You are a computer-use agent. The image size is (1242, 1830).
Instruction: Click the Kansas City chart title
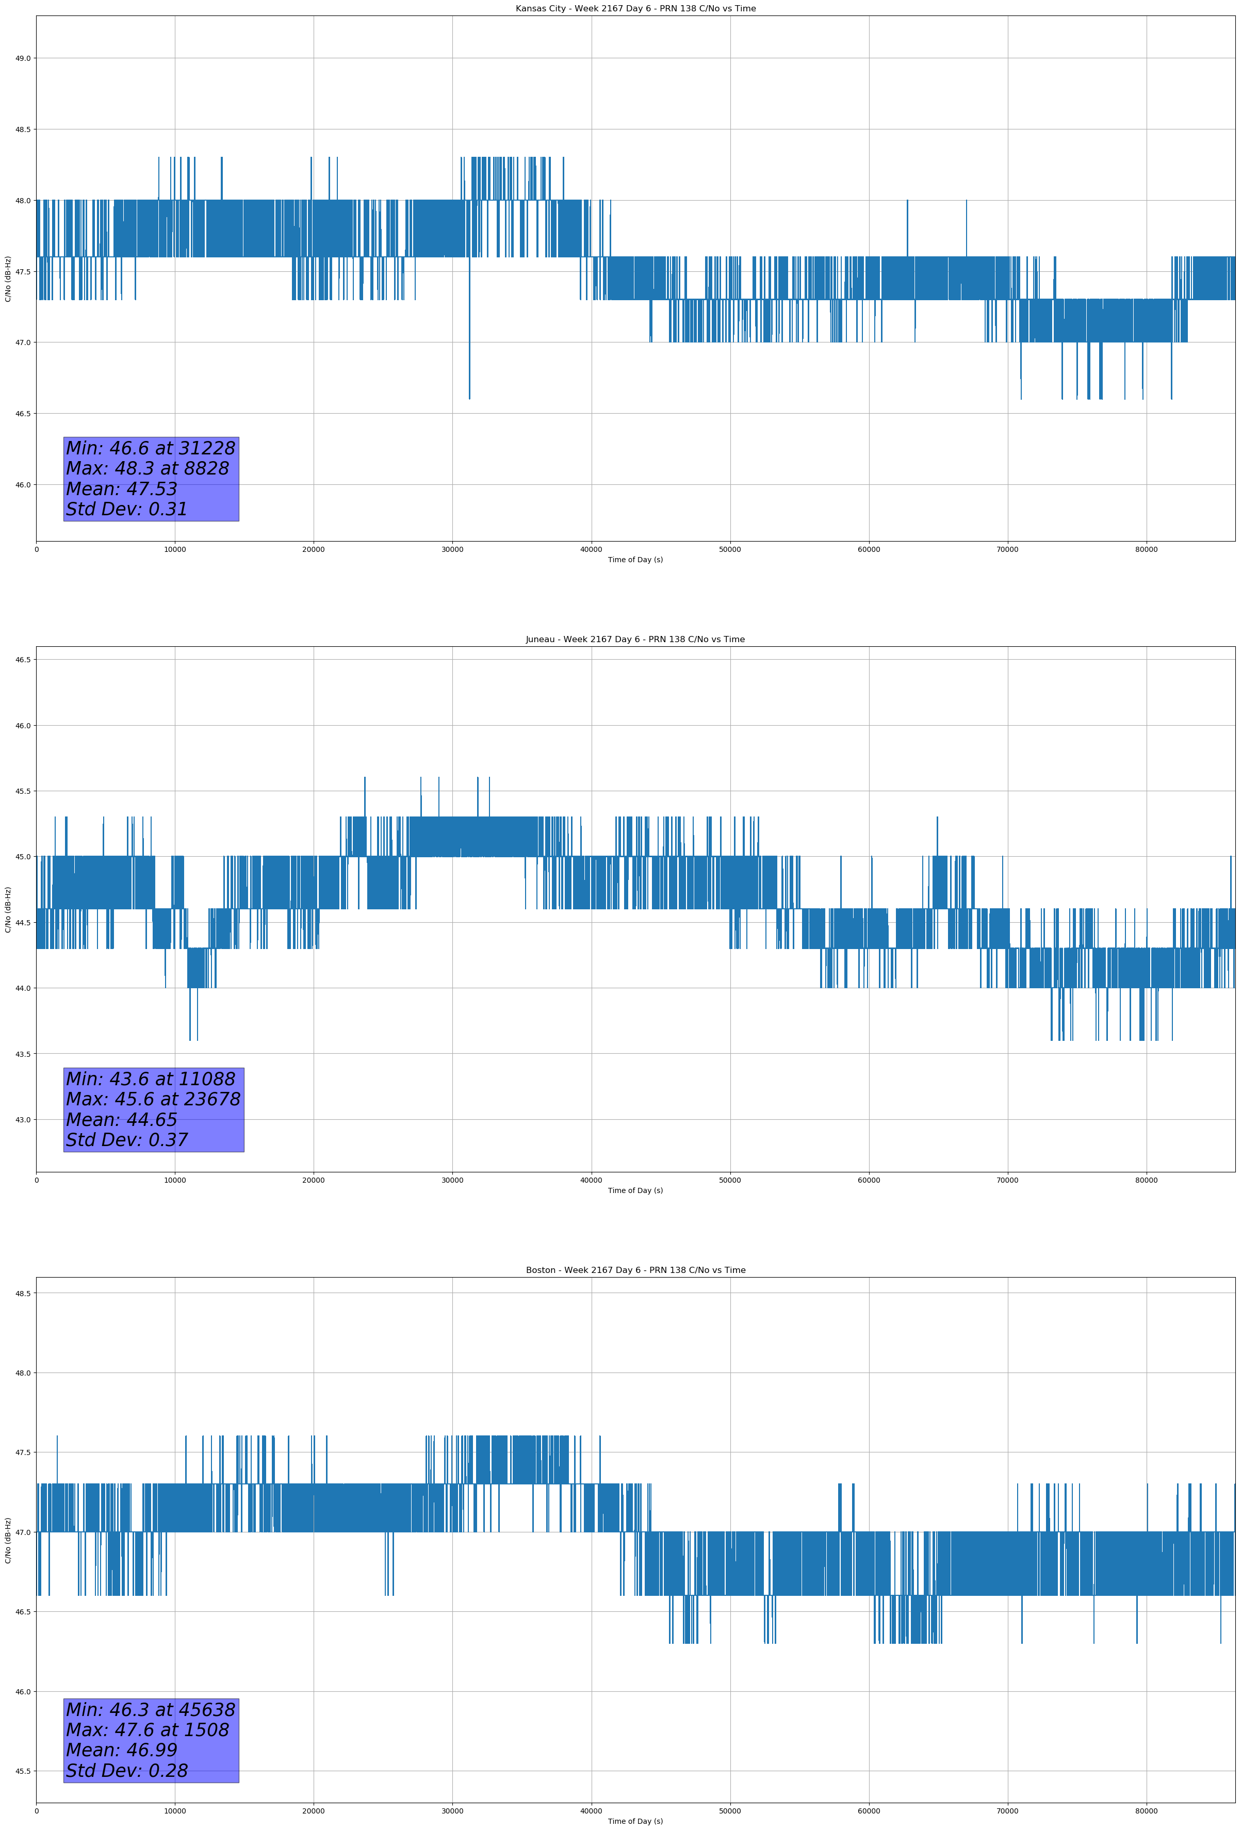click(x=635, y=9)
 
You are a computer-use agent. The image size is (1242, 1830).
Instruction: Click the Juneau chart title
click(x=635, y=640)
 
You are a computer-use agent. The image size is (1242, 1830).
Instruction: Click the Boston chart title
click(x=635, y=1270)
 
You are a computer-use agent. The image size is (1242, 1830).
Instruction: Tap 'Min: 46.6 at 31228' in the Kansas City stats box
click(x=151, y=448)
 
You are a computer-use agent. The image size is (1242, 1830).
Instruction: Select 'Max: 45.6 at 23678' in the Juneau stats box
click(x=153, y=1099)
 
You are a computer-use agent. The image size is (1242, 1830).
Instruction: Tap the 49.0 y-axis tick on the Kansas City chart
click(x=23, y=58)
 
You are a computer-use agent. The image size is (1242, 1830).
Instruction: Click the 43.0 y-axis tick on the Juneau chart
click(x=23, y=1120)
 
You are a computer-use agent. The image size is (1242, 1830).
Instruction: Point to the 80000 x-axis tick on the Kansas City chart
click(x=1146, y=550)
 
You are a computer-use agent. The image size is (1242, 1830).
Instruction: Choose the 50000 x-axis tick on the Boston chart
click(x=730, y=1811)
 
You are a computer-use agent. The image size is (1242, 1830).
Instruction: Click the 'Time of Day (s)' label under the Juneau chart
click(x=635, y=1190)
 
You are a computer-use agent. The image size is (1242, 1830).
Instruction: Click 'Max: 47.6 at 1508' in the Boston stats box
click(x=148, y=1729)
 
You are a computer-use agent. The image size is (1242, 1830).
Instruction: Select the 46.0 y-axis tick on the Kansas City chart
click(x=23, y=485)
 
